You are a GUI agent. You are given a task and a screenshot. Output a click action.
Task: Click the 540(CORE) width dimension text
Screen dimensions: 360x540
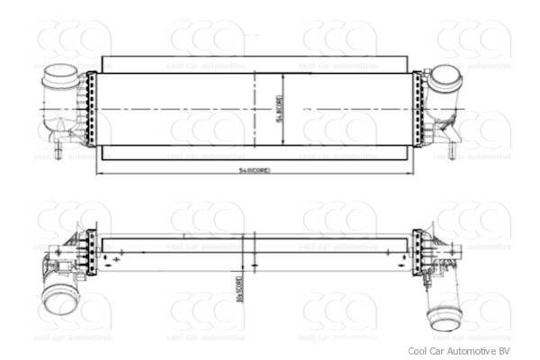point(255,169)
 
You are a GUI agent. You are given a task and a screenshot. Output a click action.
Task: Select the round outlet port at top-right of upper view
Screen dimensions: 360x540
point(445,77)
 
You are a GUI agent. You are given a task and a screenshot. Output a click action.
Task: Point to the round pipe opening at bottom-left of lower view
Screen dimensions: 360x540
point(60,300)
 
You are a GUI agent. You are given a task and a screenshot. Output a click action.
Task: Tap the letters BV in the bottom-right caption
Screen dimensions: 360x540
point(505,351)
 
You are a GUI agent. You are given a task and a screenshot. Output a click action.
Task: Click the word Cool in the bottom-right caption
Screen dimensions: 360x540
point(418,351)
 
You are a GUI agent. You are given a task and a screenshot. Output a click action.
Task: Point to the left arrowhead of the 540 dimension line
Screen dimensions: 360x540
point(98,172)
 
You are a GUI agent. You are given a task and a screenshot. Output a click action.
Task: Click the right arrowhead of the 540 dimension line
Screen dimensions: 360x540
point(410,172)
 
